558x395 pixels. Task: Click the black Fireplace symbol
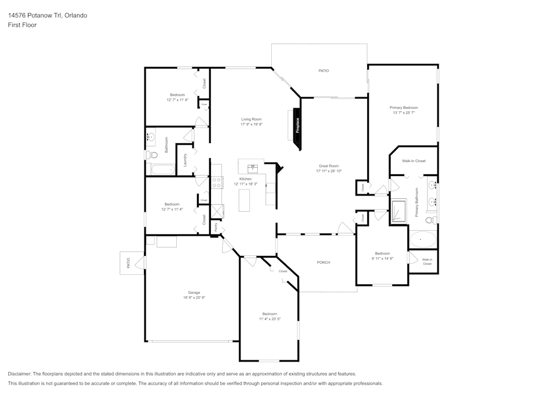pos(298,126)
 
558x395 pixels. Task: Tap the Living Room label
pos(251,119)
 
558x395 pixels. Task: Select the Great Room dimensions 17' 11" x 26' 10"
pos(329,171)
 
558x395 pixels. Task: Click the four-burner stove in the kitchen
pos(217,182)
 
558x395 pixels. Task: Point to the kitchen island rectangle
pos(244,200)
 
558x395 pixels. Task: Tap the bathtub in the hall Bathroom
pos(162,169)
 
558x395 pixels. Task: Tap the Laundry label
pos(185,160)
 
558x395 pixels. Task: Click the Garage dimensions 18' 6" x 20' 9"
pos(194,297)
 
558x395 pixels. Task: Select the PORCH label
pos(323,262)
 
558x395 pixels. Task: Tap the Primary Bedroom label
pos(403,107)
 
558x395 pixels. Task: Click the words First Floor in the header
pos(22,25)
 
